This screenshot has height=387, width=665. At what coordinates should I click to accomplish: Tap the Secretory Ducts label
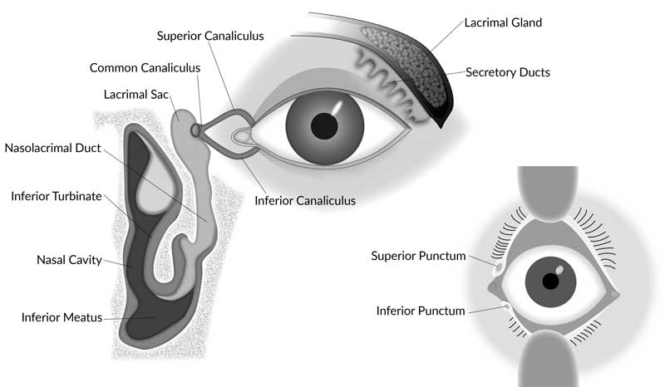508,73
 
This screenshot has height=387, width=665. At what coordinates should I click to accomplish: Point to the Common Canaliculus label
143,67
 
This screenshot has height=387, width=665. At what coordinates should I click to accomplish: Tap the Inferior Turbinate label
57,197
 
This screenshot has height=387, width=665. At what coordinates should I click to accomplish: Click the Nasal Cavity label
69,260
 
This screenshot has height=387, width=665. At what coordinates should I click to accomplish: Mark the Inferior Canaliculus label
305,200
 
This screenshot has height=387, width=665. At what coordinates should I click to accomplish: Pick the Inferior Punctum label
421,311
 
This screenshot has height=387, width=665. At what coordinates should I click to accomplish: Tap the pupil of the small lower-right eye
549,281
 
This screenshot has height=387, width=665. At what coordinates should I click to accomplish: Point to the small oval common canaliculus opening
196,130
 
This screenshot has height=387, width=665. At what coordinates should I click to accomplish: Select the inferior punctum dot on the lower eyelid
505,306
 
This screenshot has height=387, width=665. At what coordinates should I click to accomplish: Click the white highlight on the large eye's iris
340,107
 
